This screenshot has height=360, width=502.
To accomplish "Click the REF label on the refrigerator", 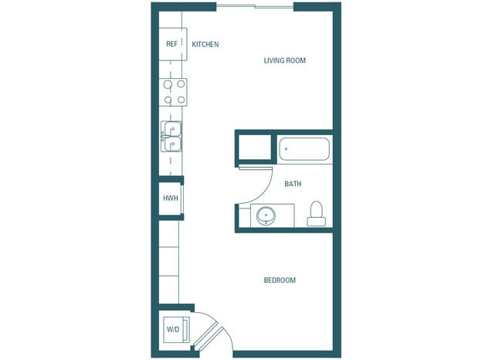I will click(171, 44).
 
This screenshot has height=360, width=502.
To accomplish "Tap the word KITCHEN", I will click(205, 44).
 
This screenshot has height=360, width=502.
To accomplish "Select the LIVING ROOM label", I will click(286, 60).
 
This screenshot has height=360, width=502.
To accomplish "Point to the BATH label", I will click(293, 184).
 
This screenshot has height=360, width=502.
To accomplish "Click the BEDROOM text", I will click(280, 280).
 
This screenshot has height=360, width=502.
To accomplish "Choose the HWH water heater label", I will click(171, 199).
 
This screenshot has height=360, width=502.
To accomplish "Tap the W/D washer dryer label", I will click(172, 330).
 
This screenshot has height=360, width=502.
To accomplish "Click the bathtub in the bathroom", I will click(304, 148).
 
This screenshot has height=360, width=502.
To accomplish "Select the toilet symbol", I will click(316, 214).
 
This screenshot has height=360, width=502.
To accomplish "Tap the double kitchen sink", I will click(171, 137).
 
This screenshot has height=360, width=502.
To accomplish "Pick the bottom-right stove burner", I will click(180, 99).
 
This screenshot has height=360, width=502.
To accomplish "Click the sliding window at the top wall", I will click(254, 7).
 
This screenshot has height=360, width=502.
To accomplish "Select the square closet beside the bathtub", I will click(254, 147).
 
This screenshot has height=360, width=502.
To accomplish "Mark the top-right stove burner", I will click(180, 84).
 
